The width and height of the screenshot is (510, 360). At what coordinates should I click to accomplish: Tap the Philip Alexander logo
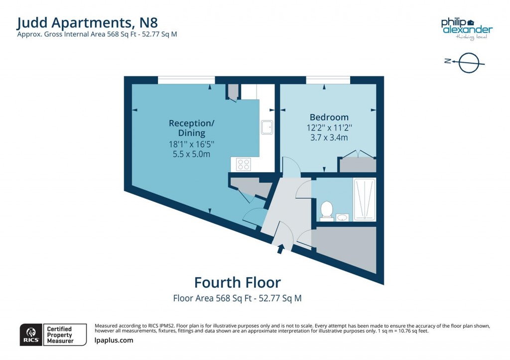467,26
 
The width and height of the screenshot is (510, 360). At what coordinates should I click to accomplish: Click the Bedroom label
329,118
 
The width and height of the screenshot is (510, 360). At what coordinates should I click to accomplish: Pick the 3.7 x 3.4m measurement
329,137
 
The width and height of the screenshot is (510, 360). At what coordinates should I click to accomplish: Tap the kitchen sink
267,127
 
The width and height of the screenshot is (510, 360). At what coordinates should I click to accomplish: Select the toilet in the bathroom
327,210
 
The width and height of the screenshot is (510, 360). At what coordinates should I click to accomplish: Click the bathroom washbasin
343,217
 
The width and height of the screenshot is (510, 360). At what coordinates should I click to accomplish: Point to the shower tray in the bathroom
364,199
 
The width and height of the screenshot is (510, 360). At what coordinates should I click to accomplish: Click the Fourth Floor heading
237,283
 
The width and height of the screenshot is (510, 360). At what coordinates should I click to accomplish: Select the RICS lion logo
31,334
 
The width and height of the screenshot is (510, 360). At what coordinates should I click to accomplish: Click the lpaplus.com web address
114,341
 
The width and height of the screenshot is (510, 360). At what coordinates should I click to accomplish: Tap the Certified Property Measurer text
59,335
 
